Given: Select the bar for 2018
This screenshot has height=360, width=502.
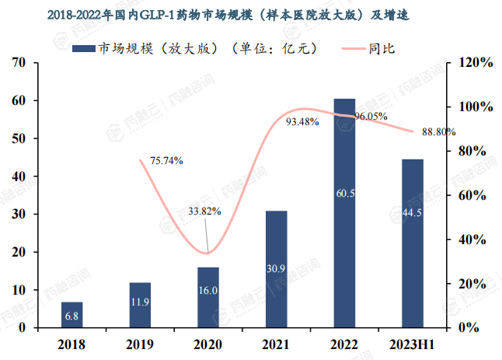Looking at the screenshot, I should tap(72, 314).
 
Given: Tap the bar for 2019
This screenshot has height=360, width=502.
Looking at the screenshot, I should tap(140, 304).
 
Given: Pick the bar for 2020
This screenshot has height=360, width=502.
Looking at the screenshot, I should tap(208, 297).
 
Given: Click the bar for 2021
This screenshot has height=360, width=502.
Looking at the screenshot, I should tap(276, 268).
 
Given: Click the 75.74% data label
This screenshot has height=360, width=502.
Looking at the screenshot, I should tap(166, 161).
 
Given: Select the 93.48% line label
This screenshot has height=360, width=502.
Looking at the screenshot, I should tap(302, 122).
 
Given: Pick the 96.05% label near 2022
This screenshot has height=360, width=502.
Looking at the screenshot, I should tap(371, 116).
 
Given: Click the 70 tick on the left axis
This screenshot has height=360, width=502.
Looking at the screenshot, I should tap(20, 63).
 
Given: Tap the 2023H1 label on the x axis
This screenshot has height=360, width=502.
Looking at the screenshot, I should tap(413, 343).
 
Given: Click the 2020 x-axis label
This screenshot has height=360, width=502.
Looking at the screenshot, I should tap(208, 343).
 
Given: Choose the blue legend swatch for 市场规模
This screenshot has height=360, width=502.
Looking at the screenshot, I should tap(82, 49).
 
